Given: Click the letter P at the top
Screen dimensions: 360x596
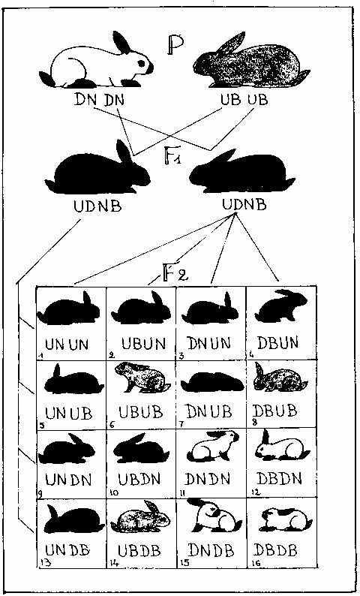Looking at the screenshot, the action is click(175, 45).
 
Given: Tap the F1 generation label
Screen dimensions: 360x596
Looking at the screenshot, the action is click(172, 155).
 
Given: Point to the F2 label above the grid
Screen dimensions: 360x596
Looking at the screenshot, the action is click(175, 273).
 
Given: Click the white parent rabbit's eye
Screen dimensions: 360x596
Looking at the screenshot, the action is click(141, 63).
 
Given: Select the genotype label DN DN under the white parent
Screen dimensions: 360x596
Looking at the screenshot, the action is click(100, 100).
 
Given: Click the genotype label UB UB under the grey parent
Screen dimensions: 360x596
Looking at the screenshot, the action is click(244, 100).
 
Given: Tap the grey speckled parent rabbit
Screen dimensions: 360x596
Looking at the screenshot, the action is click(251, 61).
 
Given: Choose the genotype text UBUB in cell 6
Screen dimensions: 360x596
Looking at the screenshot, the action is click(140, 412).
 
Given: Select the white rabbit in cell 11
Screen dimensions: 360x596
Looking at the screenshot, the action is click(213, 446).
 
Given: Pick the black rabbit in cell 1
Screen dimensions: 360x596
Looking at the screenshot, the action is click(68, 308).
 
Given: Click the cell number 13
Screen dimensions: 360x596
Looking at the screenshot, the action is click(45, 564).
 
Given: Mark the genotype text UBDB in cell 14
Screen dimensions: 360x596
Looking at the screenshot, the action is click(139, 550).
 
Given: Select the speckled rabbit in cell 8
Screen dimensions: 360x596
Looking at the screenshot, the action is click(280, 378).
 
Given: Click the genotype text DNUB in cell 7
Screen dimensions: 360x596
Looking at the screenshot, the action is click(208, 411).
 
